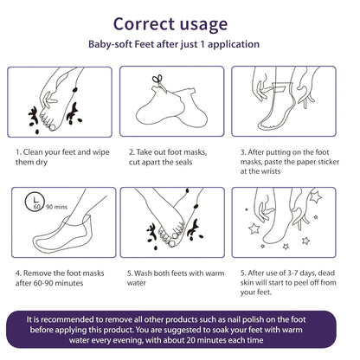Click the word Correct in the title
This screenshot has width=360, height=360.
(x=144, y=24)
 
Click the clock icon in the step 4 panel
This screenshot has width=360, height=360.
(x=35, y=202)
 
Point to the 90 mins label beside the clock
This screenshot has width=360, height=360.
(x=56, y=207)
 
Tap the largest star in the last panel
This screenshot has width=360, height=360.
(x=315, y=196)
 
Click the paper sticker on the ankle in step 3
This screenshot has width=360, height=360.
(x=280, y=87)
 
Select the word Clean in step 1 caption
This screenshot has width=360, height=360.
(x=33, y=152)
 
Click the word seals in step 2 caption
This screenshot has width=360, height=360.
(x=183, y=162)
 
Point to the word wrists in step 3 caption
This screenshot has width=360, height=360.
(x=268, y=171)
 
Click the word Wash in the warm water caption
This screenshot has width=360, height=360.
(x=143, y=273)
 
